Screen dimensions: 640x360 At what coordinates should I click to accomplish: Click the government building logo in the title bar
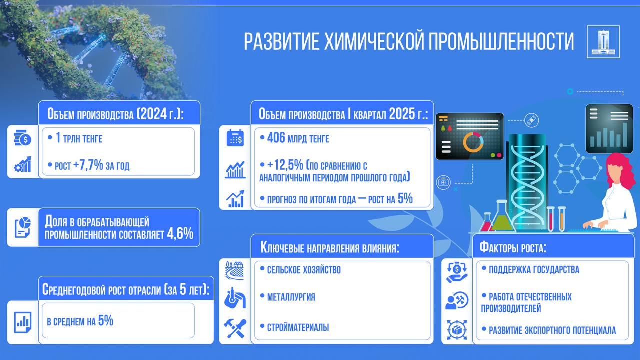(x=603, y=42)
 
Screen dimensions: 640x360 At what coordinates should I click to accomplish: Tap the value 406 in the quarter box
(x=276, y=138)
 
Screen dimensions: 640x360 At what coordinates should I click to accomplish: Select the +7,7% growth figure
(x=88, y=165)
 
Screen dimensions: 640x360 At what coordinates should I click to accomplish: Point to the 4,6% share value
(x=180, y=233)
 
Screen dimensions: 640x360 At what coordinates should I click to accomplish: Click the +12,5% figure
(x=285, y=165)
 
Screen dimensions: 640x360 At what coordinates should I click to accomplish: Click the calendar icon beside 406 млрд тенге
(x=235, y=138)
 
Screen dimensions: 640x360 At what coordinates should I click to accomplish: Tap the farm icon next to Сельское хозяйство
(x=235, y=270)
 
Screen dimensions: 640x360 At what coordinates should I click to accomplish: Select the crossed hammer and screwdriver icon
(x=235, y=328)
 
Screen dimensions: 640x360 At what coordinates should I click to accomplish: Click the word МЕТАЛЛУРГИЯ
(x=291, y=297)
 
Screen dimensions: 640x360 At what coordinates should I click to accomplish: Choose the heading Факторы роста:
(x=513, y=247)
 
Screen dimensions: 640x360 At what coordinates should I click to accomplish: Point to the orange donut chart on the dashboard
(x=473, y=142)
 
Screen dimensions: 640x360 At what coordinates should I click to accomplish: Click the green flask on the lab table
(x=502, y=217)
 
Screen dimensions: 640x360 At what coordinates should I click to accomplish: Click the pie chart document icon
(x=23, y=227)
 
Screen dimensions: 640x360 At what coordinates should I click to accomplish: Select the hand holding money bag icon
(x=457, y=272)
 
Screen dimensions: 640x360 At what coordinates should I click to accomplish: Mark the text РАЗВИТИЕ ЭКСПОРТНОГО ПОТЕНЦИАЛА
(x=552, y=330)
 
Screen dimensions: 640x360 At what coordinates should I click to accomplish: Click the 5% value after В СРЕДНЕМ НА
(x=105, y=320)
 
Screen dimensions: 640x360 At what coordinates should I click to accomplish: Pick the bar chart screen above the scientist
(x=609, y=129)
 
